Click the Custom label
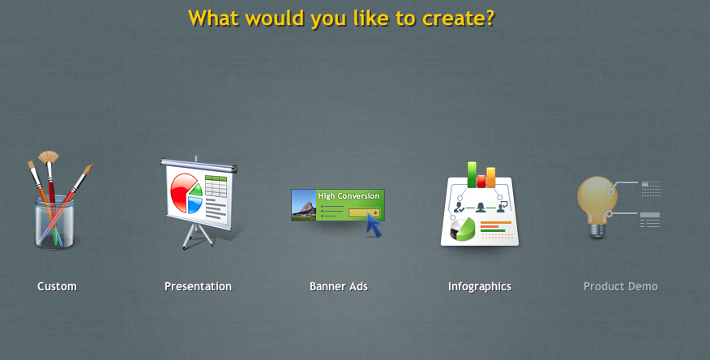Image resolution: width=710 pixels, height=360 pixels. coord(57,286)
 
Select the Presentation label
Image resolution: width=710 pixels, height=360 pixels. coord(198,286)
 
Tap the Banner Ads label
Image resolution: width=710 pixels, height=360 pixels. coord(339,286)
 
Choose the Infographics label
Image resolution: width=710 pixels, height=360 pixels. coord(480,287)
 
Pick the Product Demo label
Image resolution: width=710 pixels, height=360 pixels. coord(620,286)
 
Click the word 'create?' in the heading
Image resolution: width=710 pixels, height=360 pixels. coord(458,19)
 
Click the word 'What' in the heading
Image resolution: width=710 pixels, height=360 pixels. coord(214,19)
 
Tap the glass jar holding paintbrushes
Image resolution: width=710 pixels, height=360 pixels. coord(54,223)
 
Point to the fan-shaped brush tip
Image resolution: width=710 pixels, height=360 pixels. coord(48,156)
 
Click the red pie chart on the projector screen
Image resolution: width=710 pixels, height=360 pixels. coord(183,191)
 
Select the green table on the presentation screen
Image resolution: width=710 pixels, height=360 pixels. coord(216,186)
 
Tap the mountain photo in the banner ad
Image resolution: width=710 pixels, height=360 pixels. coord(303,204)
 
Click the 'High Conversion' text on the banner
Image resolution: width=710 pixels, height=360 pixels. coord(349,196)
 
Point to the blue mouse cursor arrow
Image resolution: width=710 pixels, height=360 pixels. coord(374,225)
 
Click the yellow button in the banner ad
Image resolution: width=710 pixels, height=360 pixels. coord(364,212)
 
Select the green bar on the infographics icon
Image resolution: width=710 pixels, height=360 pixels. coord(472,174)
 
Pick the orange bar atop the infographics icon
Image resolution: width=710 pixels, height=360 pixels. coord(491,178)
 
